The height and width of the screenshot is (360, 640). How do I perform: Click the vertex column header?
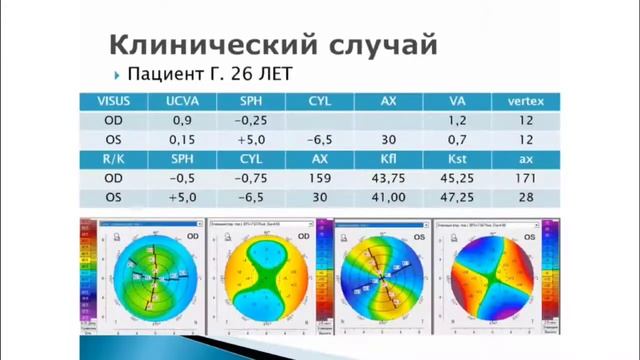click(x=526, y=102)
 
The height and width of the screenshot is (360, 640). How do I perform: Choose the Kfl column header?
click(x=389, y=159)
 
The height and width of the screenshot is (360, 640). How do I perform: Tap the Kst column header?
click(x=457, y=159)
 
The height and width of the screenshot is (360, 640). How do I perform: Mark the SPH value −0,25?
click(x=251, y=121)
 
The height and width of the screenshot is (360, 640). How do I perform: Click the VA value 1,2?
click(x=457, y=121)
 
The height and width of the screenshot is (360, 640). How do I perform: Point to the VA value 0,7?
click(x=457, y=140)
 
